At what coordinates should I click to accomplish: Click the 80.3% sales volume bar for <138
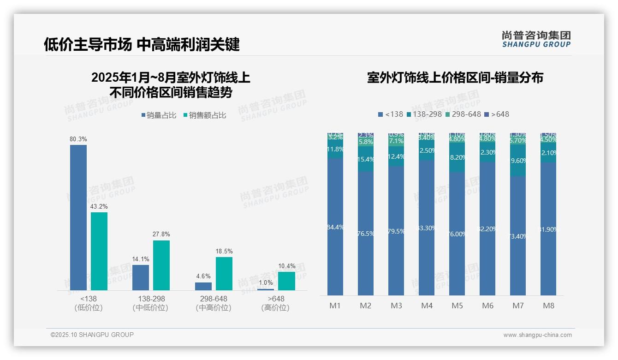(x=78, y=217)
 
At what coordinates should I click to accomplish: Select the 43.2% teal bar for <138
(x=99, y=251)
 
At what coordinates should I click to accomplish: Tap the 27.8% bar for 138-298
(x=161, y=265)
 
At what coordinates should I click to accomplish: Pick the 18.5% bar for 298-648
(x=224, y=273)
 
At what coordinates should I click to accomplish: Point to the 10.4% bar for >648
(x=286, y=281)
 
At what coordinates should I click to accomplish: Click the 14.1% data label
(x=141, y=259)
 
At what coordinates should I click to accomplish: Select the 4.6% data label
(x=203, y=276)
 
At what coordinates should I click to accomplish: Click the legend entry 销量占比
(x=159, y=115)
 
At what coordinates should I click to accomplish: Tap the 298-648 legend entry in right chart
(x=463, y=114)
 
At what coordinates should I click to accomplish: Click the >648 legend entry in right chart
(x=497, y=114)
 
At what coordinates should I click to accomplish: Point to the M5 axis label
(x=457, y=306)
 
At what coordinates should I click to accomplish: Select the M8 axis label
(x=548, y=306)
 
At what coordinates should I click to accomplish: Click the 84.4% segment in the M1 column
(x=335, y=227)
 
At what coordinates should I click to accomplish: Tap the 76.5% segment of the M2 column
(x=366, y=233)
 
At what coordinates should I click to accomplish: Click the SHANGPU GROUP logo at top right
(x=536, y=39)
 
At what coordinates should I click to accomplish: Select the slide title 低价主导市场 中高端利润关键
(x=142, y=44)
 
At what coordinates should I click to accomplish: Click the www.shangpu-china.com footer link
(x=537, y=335)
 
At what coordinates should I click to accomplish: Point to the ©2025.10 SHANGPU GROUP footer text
(x=92, y=335)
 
